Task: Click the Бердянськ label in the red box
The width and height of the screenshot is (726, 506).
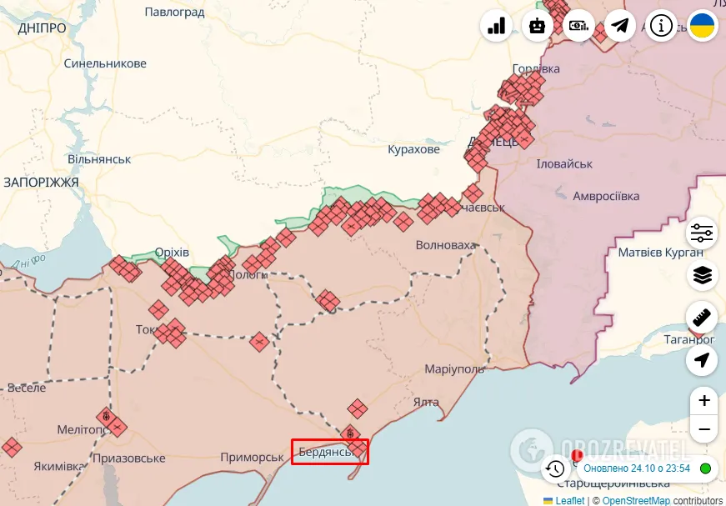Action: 326,452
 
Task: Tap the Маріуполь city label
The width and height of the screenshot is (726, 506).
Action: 454,369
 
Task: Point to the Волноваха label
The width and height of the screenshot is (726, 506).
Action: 446,246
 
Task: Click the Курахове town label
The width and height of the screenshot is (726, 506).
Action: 413,150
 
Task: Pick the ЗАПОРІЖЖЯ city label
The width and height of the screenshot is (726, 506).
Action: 41,182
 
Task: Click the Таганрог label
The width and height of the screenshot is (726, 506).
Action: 689,339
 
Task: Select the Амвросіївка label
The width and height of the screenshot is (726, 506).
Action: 606,196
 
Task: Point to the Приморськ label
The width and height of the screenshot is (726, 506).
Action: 253,457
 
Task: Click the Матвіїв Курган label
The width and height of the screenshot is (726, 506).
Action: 660,252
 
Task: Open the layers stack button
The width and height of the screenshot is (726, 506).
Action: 703,275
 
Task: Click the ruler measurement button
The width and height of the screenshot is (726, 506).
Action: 703,318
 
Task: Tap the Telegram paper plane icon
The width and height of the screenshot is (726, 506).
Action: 620,26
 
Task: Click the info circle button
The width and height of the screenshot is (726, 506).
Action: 662,26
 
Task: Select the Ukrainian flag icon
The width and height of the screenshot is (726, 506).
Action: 703,26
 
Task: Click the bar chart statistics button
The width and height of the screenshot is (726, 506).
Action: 496,26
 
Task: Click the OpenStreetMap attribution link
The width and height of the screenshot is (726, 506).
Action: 636,500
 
